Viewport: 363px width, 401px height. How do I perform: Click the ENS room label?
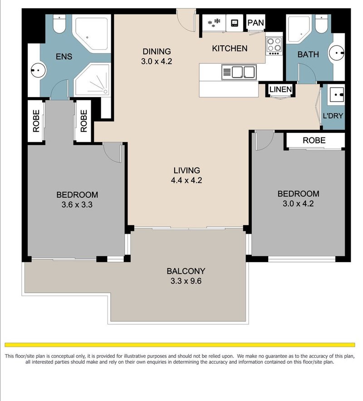point(64,56)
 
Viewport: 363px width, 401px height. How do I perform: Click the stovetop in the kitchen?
point(274,46)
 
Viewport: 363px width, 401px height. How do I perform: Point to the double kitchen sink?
point(239,72)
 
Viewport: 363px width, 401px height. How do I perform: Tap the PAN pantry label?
point(255,23)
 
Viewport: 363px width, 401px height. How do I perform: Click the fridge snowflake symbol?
point(214,23)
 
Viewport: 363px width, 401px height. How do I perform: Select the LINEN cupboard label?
point(280,89)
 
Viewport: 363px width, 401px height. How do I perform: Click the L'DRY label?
point(333,116)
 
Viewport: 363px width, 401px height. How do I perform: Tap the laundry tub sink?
point(337,95)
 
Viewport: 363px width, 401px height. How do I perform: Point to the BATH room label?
point(308,54)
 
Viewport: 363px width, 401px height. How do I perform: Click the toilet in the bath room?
point(321,24)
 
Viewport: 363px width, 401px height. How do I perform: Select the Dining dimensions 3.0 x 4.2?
point(157,61)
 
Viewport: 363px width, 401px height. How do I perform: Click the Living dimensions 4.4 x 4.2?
point(186,180)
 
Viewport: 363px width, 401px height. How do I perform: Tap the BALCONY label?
point(186,271)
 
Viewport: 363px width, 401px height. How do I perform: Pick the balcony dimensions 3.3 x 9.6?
point(186,281)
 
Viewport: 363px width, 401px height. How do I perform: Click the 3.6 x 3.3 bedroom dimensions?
point(77,205)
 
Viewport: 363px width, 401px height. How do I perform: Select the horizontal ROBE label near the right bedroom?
point(314,140)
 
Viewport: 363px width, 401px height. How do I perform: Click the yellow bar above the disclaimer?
point(180,345)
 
